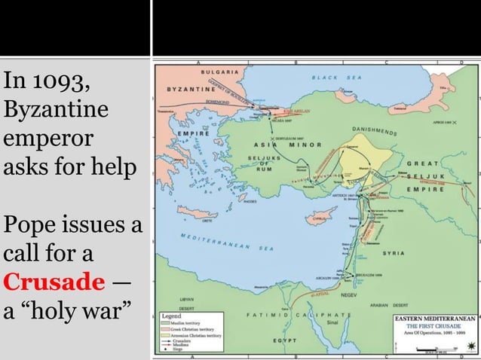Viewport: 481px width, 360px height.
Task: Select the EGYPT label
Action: pyautogui.click(x=283, y=340)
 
